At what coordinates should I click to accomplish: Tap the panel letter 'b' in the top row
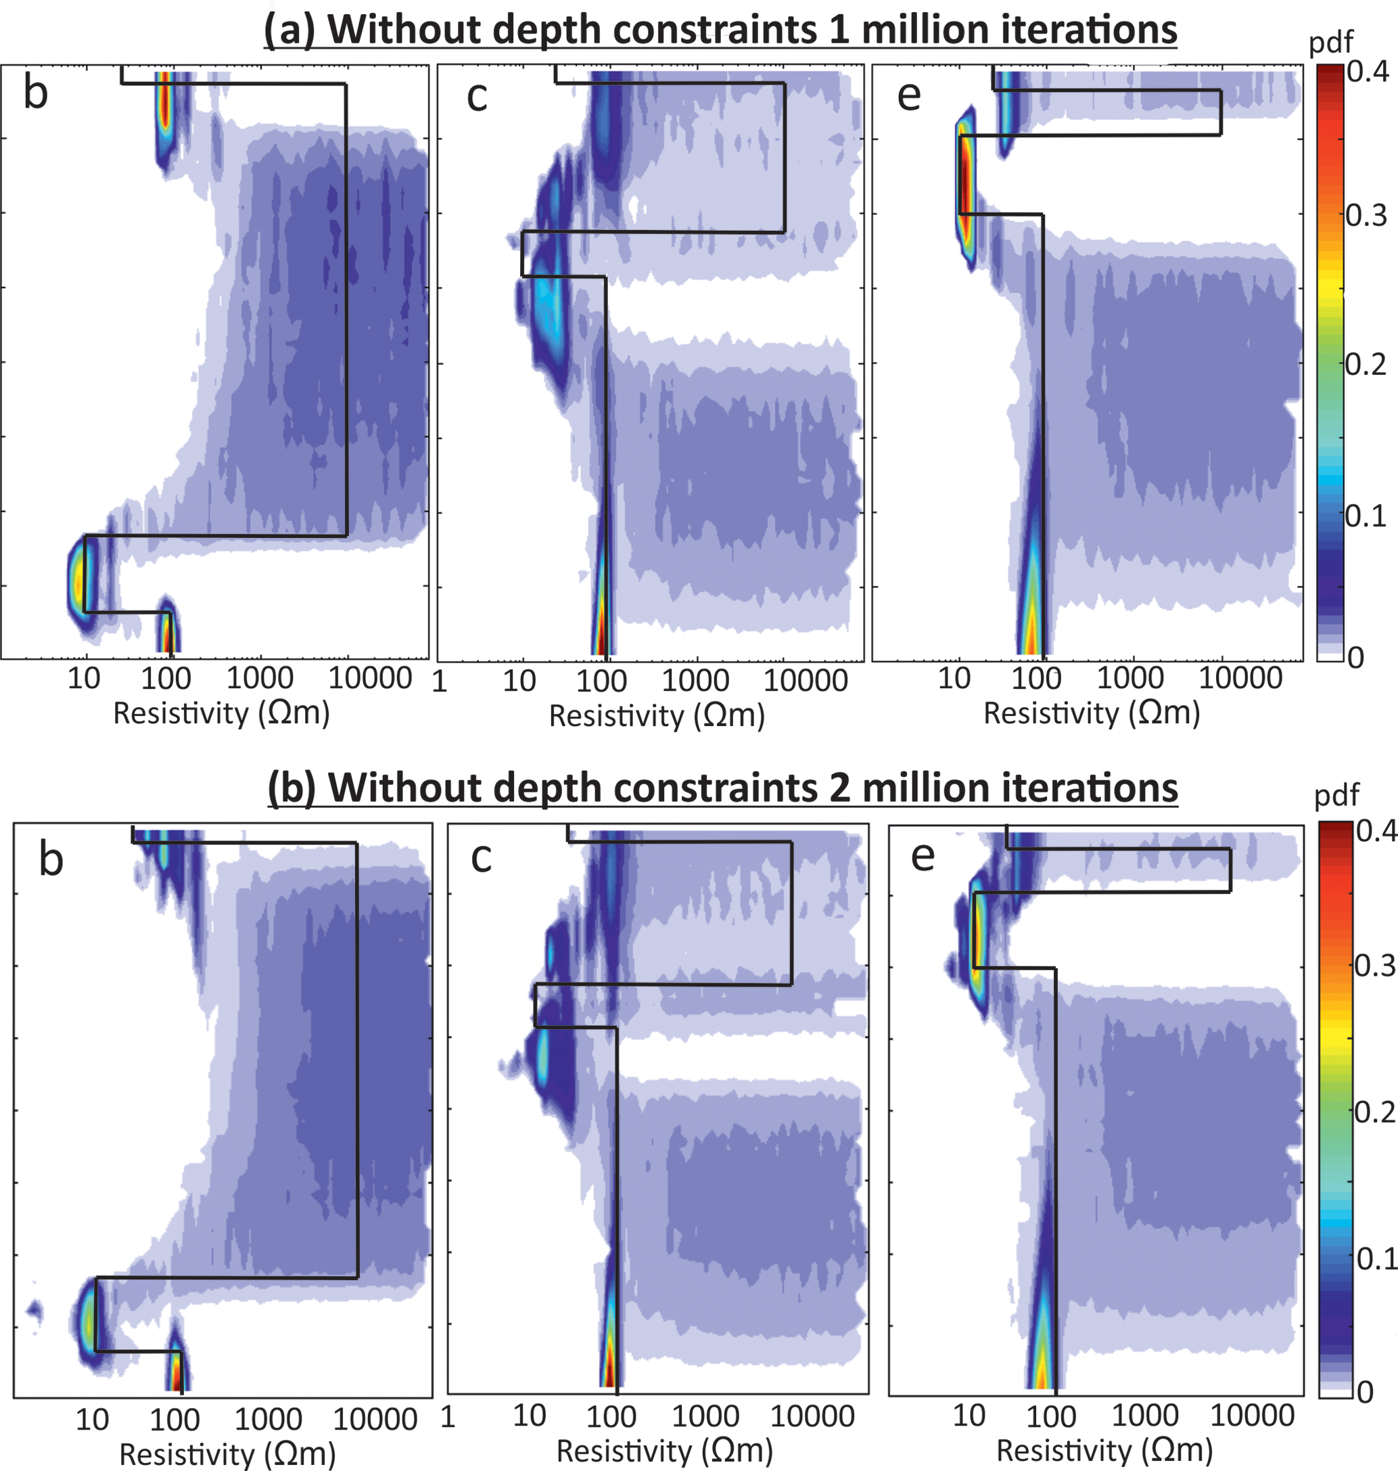(x=36, y=93)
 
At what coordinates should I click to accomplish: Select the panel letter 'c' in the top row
(x=477, y=95)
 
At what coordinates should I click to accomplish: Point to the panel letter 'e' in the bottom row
(x=923, y=856)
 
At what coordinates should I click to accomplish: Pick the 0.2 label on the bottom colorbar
(x=1376, y=1112)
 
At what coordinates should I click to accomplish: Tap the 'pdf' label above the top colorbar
(x=1331, y=43)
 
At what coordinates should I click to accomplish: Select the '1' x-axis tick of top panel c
(x=440, y=681)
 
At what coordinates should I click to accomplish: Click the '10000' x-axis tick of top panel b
(x=371, y=679)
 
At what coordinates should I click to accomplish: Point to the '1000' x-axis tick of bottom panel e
(x=1145, y=1415)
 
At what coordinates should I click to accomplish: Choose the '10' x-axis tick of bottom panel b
(x=93, y=1420)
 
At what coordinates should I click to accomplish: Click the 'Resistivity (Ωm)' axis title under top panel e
(x=1092, y=713)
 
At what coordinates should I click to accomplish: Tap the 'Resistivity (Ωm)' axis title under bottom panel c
(x=665, y=1451)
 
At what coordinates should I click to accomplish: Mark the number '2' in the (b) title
(x=841, y=788)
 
